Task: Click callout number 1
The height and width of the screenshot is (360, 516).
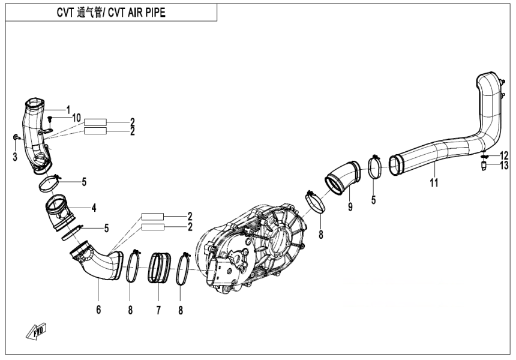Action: (68, 109)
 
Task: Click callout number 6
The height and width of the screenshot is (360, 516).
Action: (98, 310)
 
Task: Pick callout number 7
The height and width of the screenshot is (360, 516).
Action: (158, 310)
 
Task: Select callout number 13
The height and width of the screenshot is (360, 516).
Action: (504, 166)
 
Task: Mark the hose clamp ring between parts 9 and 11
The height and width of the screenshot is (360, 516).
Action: (375, 166)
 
